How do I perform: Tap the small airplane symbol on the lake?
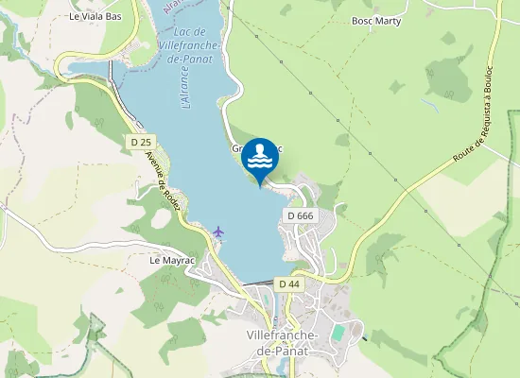[x=219, y=231]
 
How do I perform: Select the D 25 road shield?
[x=141, y=142]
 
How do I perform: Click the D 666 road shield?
[x=299, y=216]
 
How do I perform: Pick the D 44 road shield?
[x=289, y=283]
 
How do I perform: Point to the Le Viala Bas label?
[x=96, y=17]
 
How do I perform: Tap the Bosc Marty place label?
[x=376, y=20]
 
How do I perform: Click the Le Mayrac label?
[x=170, y=258]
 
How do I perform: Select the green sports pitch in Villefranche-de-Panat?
[x=338, y=334]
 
